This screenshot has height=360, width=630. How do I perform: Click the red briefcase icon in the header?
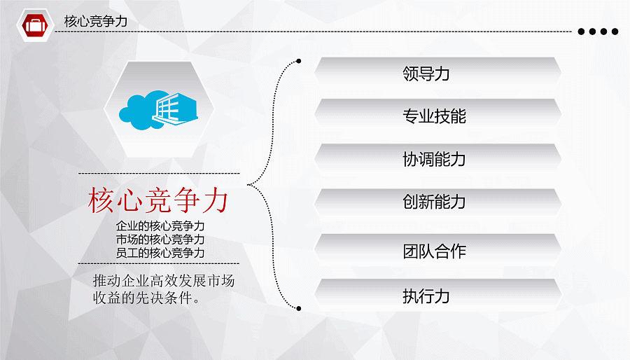pyautogui.click(x=35, y=25)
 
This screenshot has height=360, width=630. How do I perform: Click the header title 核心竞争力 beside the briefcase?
pyautogui.click(x=96, y=21)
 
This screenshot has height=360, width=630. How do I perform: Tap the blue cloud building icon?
pyautogui.click(x=158, y=110)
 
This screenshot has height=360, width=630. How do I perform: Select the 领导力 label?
pyautogui.click(x=426, y=74)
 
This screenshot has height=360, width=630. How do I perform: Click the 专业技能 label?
pyautogui.click(x=434, y=116)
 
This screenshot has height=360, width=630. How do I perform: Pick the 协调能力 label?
pyautogui.click(x=434, y=159)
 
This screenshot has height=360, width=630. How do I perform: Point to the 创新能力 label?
pyautogui.click(x=434, y=202)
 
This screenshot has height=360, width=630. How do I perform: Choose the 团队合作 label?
pyautogui.click(x=434, y=251)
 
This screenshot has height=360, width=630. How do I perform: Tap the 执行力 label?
pyautogui.click(x=426, y=296)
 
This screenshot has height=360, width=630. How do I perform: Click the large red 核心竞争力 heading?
pyautogui.click(x=158, y=200)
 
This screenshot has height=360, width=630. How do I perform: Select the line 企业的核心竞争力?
pyautogui.click(x=160, y=226)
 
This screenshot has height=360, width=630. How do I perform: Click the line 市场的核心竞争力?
pyautogui.click(x=160, y=240)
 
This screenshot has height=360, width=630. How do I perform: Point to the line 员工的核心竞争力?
pyautogui.click(x=160, y=253)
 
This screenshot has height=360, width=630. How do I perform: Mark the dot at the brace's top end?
pyautogui.click(x=298, y=61)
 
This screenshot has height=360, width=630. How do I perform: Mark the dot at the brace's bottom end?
pyautogui.click(x=298, y=309)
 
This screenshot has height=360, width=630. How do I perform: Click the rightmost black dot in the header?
pyautogui.click(x=615, y=32)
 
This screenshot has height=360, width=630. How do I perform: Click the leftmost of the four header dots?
pyautogui.click(x=581, y=32)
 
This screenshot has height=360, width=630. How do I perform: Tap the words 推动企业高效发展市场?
pyautogui.click(x=164, y=280)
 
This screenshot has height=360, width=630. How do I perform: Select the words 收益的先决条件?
pyautogui.click(x=142, y=298)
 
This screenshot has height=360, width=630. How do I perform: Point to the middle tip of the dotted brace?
pyautogui.click(x=248, y=185)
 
